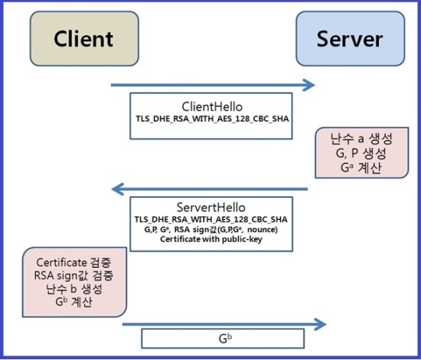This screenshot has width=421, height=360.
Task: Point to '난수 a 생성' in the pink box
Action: tap(362, 139)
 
